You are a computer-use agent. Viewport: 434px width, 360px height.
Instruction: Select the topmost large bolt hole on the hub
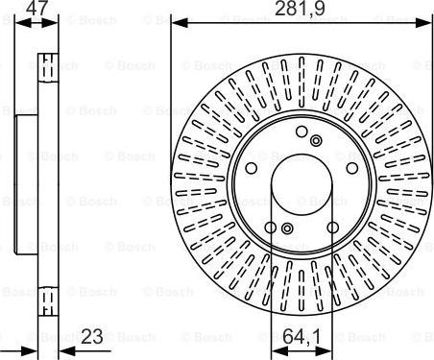click(x=301, y=132)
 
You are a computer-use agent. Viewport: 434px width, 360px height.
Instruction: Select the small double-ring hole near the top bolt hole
click(x=316, y=141)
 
